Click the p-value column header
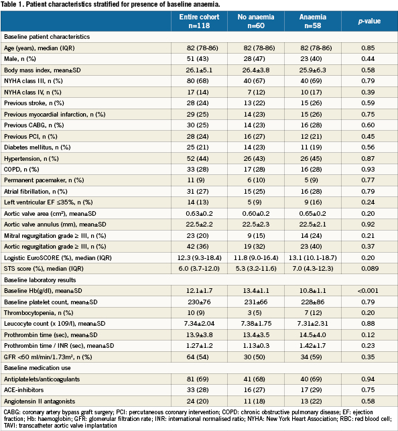(x=369, y=21)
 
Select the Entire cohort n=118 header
(x=199, y=21)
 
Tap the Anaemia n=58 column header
(x=313, y=21)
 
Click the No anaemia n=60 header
(x=256, y=21)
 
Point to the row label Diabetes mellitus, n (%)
(x=37, y=147)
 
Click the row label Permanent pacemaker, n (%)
(x=44, y=180)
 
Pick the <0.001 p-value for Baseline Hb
(x=368, y=290)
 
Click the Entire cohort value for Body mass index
(x=199, y=70)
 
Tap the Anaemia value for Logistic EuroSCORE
(x=313, y=258)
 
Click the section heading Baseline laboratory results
(x=40, y=280)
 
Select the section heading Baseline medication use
(x=37, y=368)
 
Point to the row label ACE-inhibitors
(x=23, y=389)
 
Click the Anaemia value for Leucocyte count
(x=313, y=324)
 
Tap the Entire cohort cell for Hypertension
(x=198, y=159)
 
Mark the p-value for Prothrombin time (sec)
(x=368, y=334)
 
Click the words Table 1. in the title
(x=12, y=5)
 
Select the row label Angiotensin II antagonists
(x=40, y=402)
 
